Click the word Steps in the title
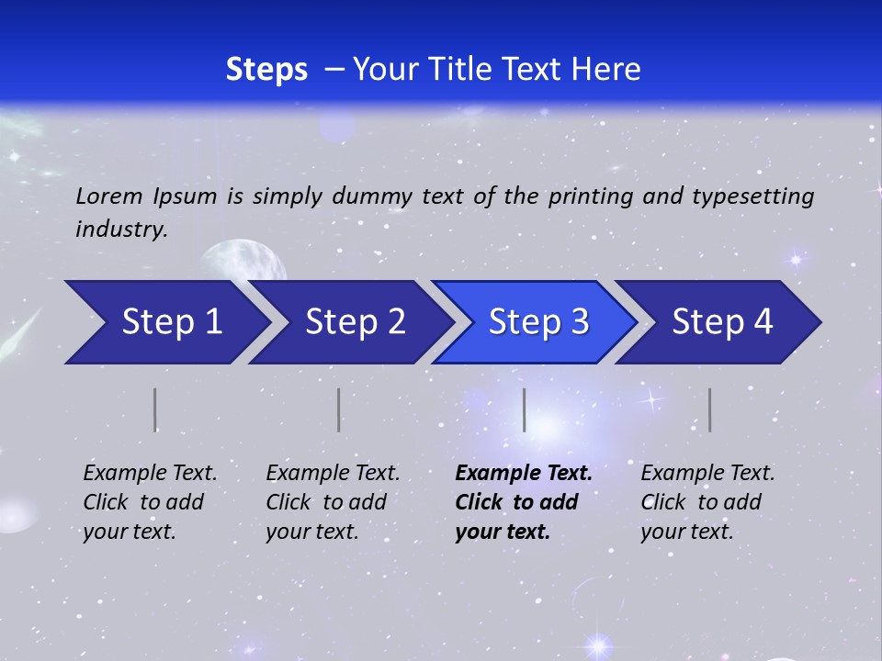tap(266, 70)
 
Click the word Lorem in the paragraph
tap(108, 196)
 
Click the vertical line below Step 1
tap(155, 409)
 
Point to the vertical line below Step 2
tap(338, 409)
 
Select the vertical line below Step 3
tap(524, 409)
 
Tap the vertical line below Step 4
tap(709, 409)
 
